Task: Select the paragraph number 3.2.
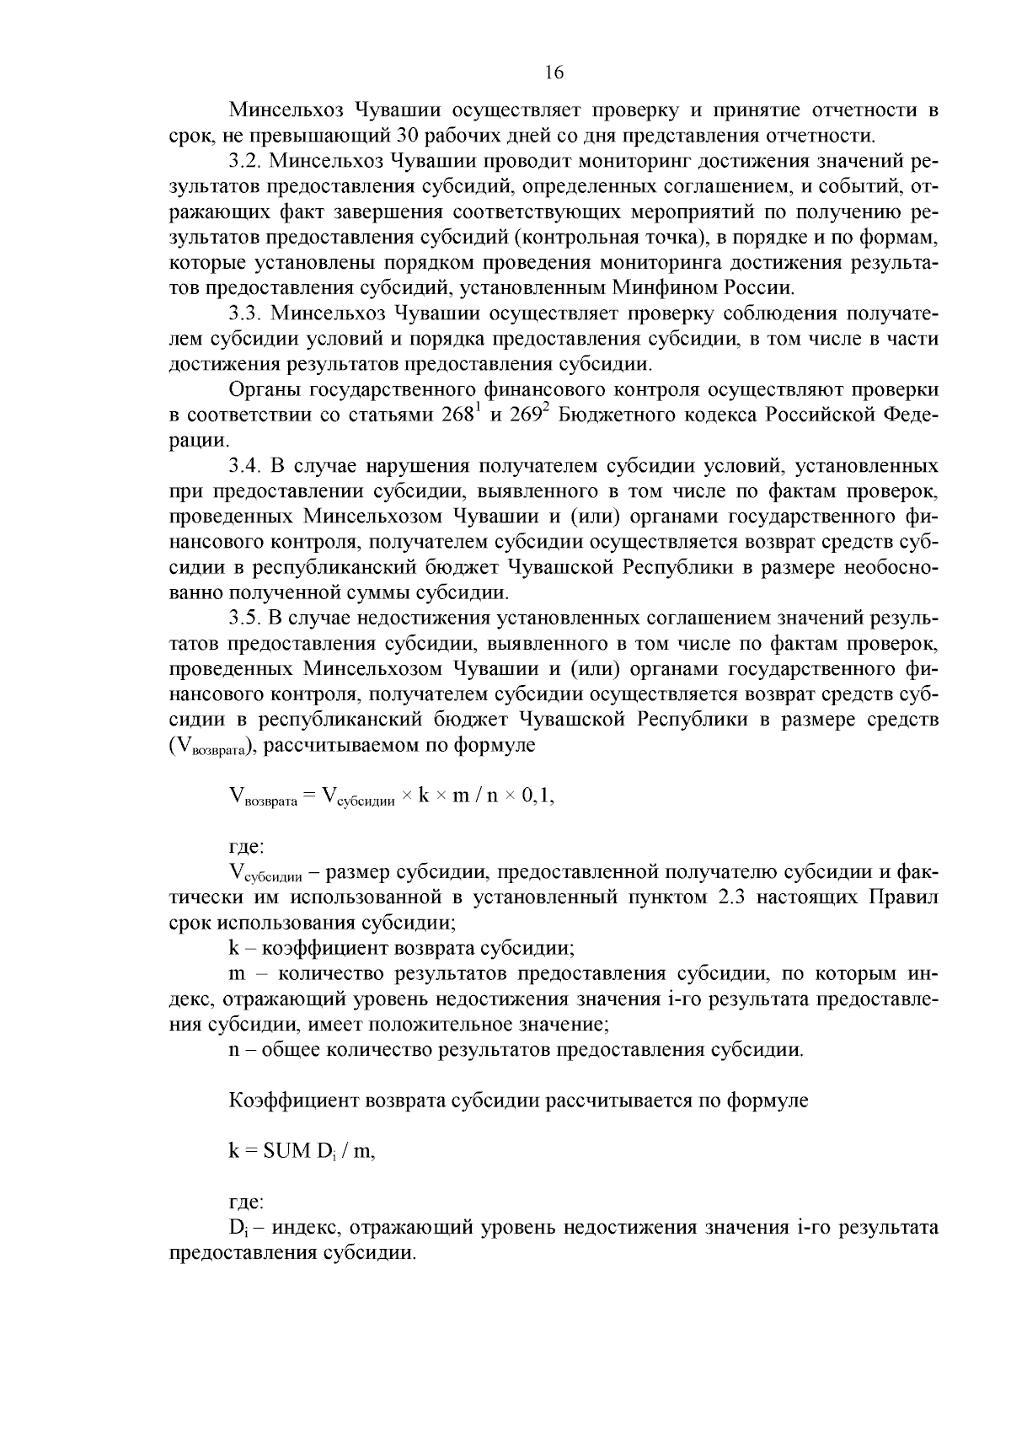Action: (246, 161)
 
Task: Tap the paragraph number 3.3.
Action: (246, 313)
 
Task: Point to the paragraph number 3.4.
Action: (246, 466)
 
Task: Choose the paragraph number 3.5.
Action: (246, 619)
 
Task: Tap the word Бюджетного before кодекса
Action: (618, 415)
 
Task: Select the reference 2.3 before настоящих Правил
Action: (730, 897)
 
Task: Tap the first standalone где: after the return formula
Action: (247, 846)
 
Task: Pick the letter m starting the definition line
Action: (237, 974)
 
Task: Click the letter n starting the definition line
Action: (235, 1050)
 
